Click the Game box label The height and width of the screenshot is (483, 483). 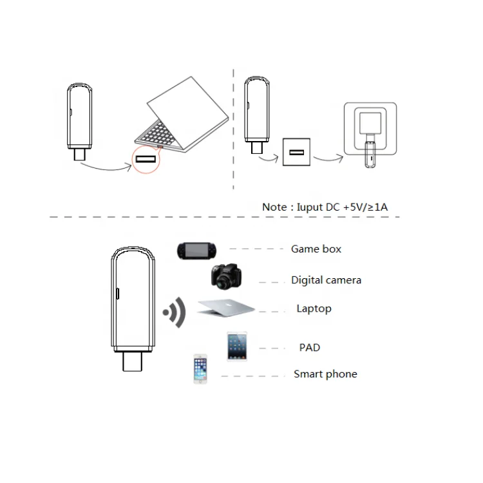[x=316, y=249]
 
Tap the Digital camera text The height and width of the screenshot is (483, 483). [x=326, y=280]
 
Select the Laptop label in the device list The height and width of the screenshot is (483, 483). [x=314, y=308]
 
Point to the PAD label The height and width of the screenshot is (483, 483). [x=310, y=348]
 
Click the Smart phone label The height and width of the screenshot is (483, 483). [x=325, y=374]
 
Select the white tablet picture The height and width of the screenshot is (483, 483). [x=236, y=346]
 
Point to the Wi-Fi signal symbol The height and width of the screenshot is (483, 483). [x=175, y=313]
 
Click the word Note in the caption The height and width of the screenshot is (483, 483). [x=275, y=207]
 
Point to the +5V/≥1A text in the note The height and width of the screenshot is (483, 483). [x=371, y=207]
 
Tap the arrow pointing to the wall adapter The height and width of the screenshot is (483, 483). [x=328, y=157]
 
